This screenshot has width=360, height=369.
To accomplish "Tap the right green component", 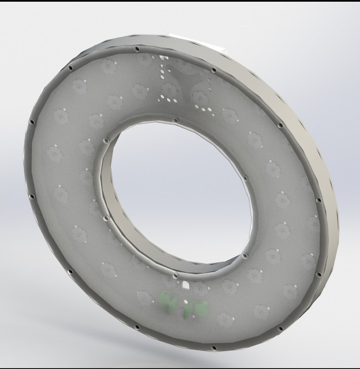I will pyautogui.click(x=197, y=308).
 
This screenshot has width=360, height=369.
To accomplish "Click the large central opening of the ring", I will pyautogui.click(x=179, y=190).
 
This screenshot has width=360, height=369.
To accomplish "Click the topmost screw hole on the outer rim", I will pyautogui.click(x=138, y=48).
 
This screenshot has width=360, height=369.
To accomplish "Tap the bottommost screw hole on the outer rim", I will pyautogui.click(x=213, y=348).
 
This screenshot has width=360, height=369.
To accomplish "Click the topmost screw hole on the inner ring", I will pyautogui.click(x=172, y=121).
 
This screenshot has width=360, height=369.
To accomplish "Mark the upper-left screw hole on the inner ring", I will pyautogui.click(x=106, y=139).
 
